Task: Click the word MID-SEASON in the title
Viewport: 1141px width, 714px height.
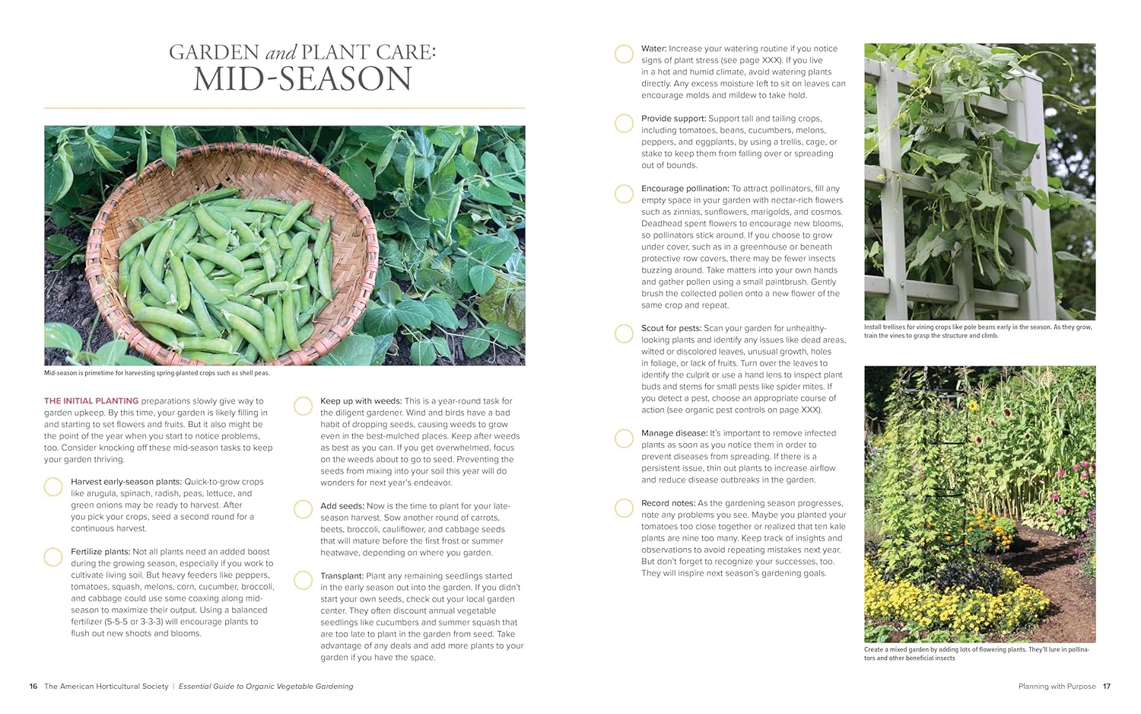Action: tap(302, 80)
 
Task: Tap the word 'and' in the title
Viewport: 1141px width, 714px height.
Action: tap(281, 53)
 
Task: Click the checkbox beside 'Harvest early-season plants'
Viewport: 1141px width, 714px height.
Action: tap(53, 487)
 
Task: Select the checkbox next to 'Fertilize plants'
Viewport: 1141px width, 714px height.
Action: tap(53, 557)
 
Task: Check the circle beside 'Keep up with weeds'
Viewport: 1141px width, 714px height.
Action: tap(303, 406)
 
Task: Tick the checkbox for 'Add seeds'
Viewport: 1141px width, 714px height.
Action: tap(303, 509)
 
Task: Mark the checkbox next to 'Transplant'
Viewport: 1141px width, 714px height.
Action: tap(303, 581)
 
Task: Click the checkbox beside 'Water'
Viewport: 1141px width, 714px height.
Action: tap(624, 54)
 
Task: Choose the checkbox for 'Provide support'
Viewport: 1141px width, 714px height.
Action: tap(624, 123)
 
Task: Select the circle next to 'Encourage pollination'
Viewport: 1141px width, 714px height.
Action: tap(624, 194)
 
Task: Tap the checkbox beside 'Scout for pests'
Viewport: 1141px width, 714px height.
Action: tap(624, 333)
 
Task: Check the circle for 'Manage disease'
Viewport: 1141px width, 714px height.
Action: tap(624, 438)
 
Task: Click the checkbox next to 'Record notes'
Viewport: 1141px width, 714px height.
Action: tap(624, 508)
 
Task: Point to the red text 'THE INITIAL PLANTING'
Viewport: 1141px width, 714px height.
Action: tap(91, 401)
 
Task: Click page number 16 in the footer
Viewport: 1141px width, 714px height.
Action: tap(33, 687)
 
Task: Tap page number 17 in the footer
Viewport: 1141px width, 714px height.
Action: tap(1107, 687)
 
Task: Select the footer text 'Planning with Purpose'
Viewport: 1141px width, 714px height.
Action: tap(1057, 687)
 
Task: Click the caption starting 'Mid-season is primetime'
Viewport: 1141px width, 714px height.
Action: tap(157, 373)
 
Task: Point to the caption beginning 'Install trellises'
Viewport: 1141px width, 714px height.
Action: tap(977, 331)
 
